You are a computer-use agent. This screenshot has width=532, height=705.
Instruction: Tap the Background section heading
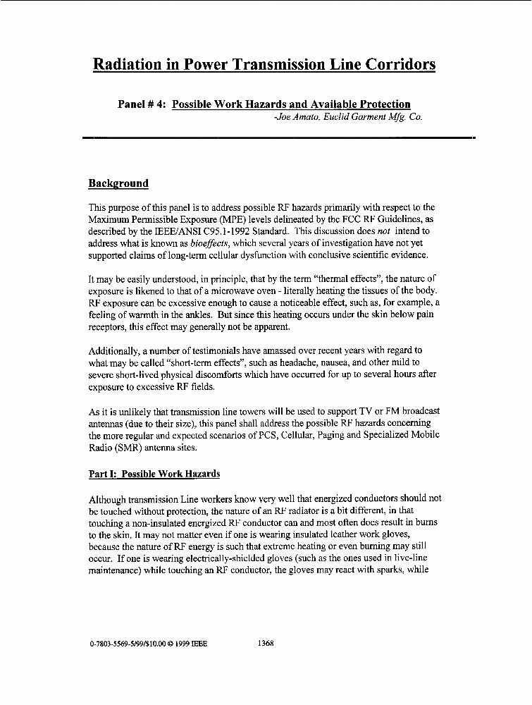click(x=118, y=184)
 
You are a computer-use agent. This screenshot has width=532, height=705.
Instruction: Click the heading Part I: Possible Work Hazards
click(x=154, y=474)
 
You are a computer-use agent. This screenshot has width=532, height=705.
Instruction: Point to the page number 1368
click(x=266, y=643)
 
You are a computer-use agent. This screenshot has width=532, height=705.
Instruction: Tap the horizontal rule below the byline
click(x=278, y=137)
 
